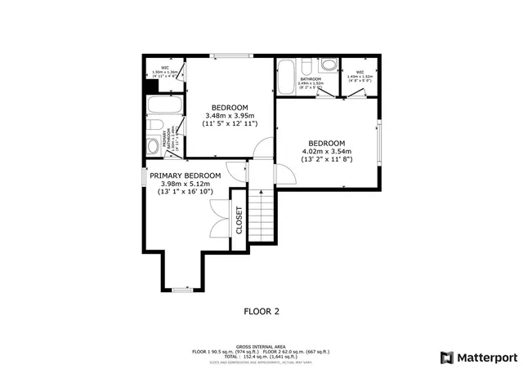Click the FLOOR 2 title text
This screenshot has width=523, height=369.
tap(261, 311)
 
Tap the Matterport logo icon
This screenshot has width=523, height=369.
tap(445, 357)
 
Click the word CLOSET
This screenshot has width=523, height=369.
tap(239, 220)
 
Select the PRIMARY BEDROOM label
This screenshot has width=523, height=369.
tap(185, 176)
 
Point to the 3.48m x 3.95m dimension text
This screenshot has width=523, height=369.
tap(230, 116)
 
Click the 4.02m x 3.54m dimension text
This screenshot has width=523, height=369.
tap(326, 151)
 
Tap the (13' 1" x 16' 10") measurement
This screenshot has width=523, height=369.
tap(185, 193)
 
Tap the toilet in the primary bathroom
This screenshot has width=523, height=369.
tap(152, 145)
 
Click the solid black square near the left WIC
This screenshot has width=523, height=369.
tap(149, 88)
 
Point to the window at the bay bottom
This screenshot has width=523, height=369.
tap(180, 288)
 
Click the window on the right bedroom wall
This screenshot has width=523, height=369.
tap(379, 143)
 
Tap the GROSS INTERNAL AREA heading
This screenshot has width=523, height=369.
tap(261, 346)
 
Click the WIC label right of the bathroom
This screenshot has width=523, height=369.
tap(360, 72)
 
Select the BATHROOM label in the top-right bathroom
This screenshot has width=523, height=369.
tap(311, 79)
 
